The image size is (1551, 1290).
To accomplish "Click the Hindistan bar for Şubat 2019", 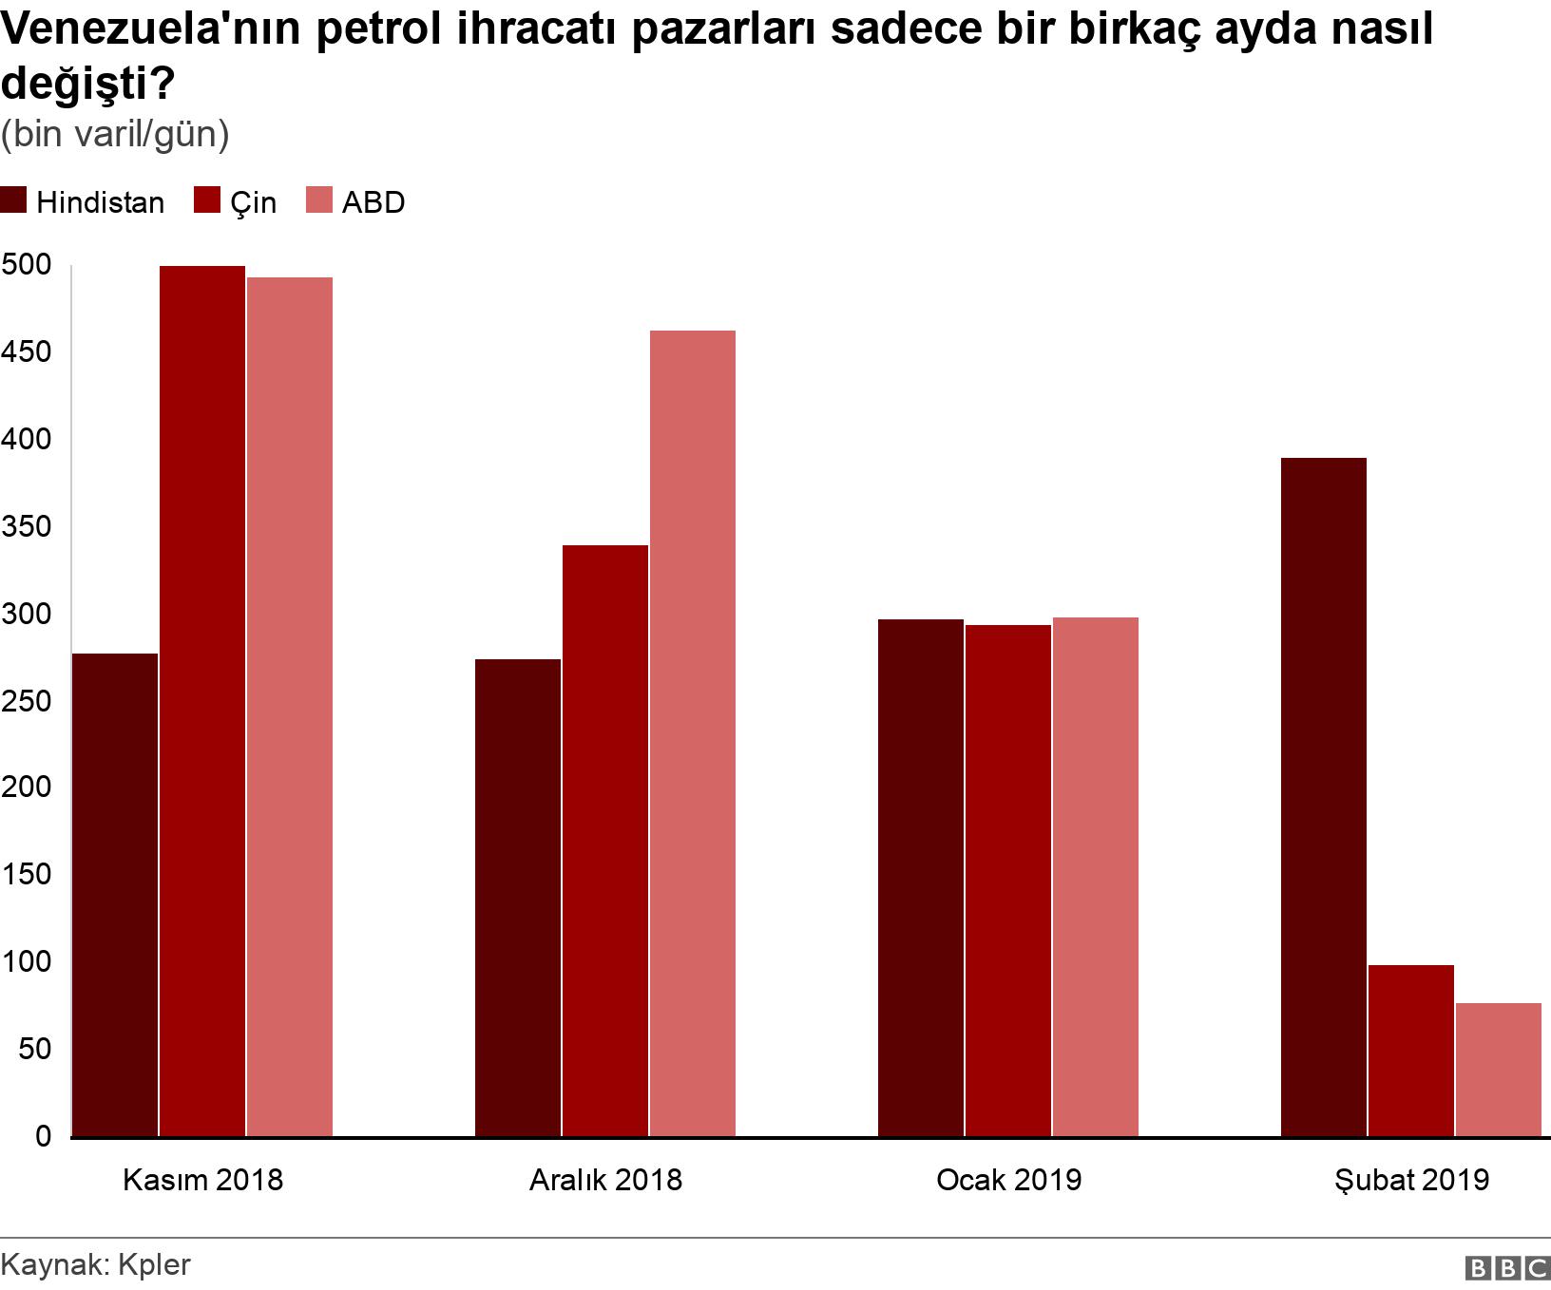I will pos(1324,797).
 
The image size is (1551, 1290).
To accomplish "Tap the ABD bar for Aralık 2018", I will pos(693,733).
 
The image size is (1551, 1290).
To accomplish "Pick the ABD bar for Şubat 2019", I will pos(1499,1070).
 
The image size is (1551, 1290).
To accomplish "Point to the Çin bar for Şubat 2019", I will pos(1411,1051).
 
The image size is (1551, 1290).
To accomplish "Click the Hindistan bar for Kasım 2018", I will pos(115,895).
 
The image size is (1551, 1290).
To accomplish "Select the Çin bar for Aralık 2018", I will pos(605,841).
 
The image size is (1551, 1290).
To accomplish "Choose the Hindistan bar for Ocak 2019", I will pos(921,878).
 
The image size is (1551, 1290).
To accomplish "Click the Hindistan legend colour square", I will pos(13,201).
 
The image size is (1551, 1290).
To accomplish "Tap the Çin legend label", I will pos(253,202).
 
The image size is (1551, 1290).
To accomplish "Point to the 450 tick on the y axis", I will pos(26,352).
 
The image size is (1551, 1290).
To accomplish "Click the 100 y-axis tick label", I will pos(26,962).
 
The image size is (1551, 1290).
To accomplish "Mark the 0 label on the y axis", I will pos(43,1136).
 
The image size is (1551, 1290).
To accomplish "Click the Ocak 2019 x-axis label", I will pos(1008,1180).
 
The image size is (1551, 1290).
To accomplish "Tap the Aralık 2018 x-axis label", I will pos(605,1180).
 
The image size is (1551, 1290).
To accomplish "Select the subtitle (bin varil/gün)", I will pos(115,135).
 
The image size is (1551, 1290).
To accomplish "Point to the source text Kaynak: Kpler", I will pos(96,1264).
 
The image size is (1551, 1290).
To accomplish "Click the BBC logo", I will pos(1508,1267).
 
